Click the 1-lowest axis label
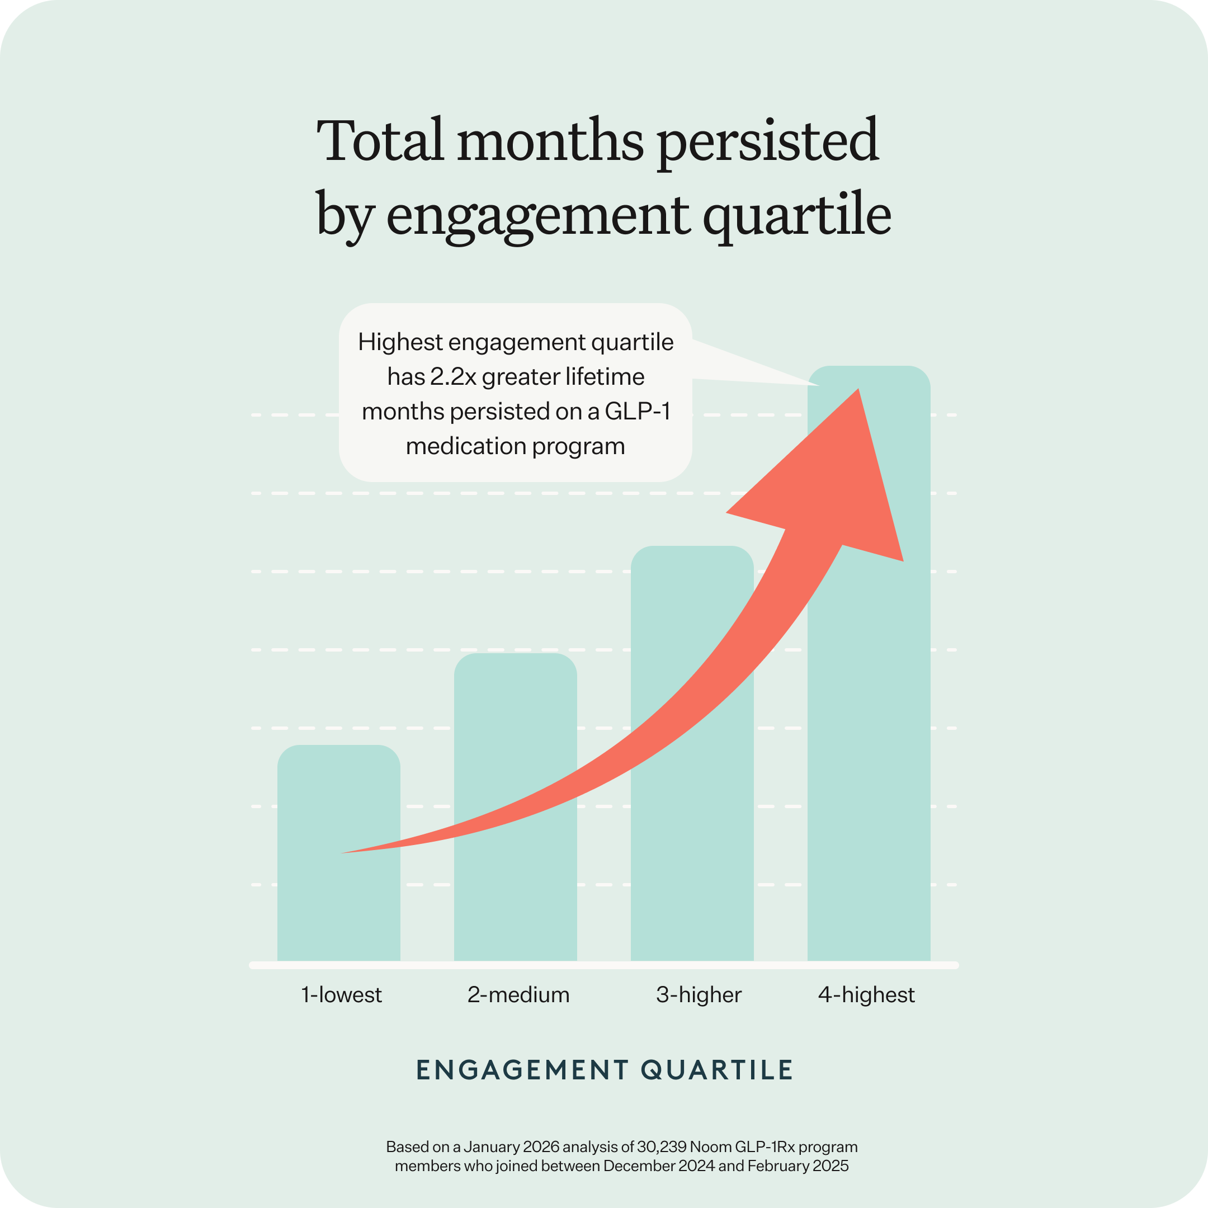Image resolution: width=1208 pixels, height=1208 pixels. coord(341,995)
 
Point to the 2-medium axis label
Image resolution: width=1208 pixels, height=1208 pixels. coord(518,995)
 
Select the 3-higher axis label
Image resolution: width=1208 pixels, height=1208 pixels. coord(699,995)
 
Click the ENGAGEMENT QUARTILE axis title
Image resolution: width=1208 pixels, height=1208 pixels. coord(605,1070)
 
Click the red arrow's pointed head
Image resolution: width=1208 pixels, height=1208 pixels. coord(858,389)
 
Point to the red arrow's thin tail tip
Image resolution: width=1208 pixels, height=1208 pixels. coord(341,853)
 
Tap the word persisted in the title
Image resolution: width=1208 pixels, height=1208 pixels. coord(768,143)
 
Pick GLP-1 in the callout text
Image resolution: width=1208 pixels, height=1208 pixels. coord(638,412)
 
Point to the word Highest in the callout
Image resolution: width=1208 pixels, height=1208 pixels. coord(400,343)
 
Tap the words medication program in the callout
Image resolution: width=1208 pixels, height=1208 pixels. coord(515,446)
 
